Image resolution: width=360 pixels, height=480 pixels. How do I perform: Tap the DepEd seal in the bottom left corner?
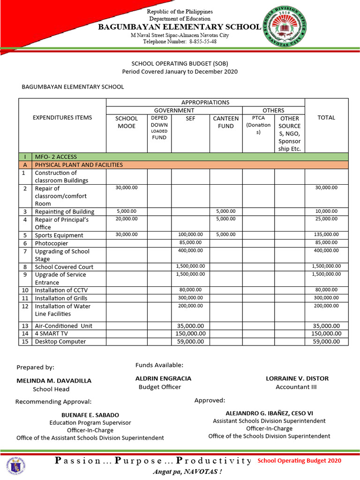16,465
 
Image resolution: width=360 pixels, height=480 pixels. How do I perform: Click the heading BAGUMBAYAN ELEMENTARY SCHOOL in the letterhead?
179,27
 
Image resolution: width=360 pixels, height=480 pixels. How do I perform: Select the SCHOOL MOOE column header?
127,122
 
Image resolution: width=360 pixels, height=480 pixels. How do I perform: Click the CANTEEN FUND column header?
225,122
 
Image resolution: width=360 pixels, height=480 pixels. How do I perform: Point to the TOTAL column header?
326,118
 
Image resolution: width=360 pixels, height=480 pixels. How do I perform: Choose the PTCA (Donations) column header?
258,125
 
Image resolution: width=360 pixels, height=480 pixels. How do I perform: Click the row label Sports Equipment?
59,235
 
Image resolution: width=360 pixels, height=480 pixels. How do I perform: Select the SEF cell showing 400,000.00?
190,251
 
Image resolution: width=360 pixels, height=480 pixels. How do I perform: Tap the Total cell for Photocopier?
326,243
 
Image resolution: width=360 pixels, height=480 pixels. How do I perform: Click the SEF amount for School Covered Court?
190,266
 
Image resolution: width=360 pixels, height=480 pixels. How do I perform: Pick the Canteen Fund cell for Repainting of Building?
225,211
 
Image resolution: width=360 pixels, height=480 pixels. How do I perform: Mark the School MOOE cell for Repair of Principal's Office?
127,219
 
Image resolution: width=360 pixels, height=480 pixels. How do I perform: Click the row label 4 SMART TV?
52,333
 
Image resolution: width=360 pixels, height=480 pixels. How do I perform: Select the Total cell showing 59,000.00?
326,341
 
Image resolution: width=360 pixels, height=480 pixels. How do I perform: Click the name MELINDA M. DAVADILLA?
54,381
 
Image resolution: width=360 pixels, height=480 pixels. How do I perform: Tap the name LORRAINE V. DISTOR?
297,378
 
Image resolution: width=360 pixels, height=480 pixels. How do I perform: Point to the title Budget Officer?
160,387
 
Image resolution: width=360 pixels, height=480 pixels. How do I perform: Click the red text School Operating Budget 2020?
300,460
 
